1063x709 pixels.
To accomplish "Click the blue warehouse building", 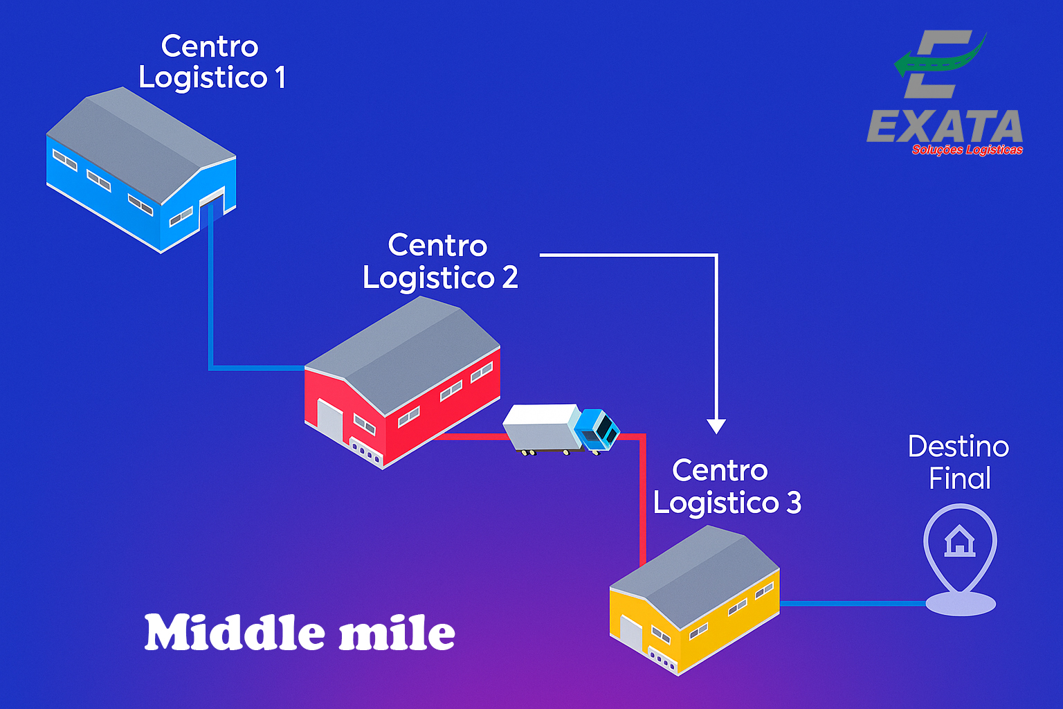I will [x=138, y=170].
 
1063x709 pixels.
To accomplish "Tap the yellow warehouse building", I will [x=692, y=602].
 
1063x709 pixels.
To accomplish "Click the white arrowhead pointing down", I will [x=716, y=425].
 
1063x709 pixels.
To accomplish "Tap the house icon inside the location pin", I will [x=959, y=541].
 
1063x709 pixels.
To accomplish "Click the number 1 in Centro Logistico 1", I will [x=280, y=78].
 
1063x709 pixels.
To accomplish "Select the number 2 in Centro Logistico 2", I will [x=510, y=278].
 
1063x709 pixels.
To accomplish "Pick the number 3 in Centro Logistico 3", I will [x=794, y=503].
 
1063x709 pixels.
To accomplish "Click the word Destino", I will [x=958, y=447].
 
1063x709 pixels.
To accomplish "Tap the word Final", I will [x=960, y=478].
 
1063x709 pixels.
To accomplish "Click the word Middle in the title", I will [x=235, y=633].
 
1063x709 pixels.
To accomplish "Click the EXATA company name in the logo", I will [x=945, y=127].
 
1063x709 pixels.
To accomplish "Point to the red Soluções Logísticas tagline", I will [x=967, y=150].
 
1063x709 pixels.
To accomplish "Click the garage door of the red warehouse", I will [x=330, y=420].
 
